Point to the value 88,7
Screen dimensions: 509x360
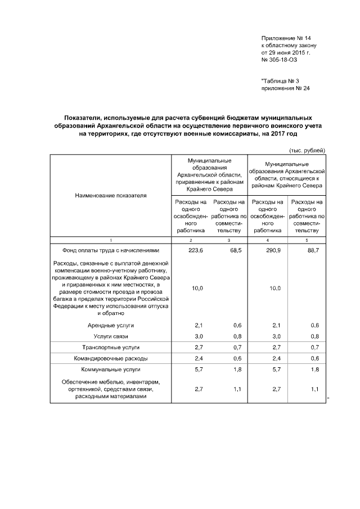(313, 250)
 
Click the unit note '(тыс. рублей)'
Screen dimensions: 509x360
(307, 150)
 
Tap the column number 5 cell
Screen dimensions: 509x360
(307, 240)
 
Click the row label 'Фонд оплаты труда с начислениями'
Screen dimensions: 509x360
(107, 250)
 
